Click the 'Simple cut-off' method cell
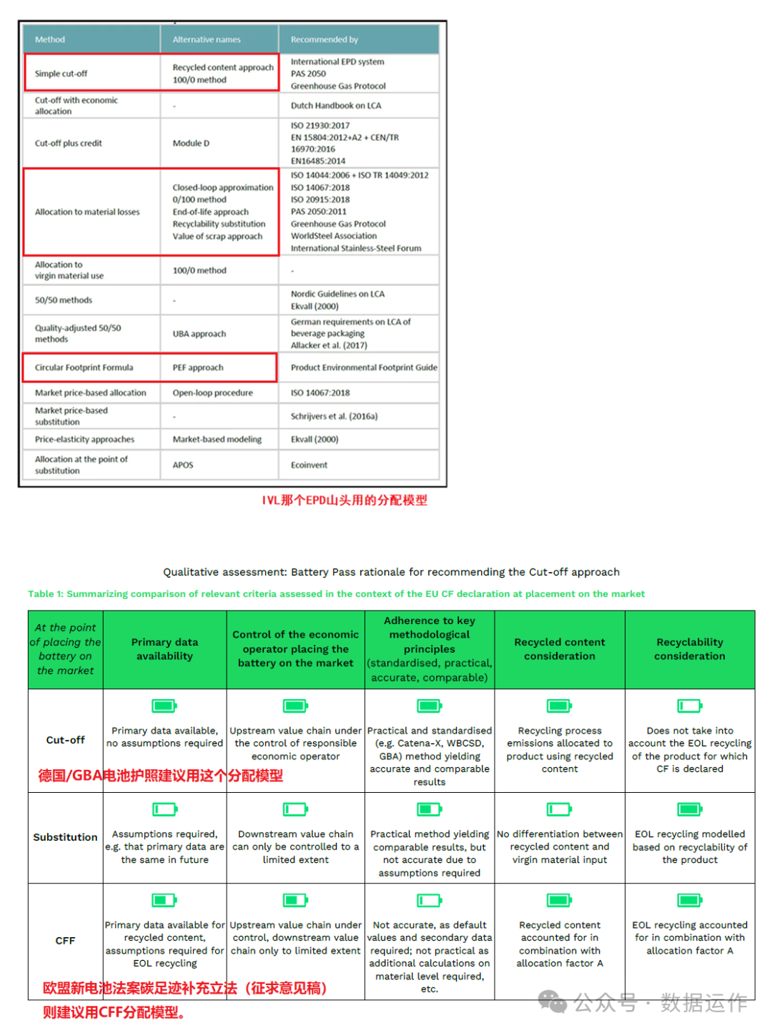point(61,74)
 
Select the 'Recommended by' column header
point(324,40)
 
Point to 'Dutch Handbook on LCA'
point(335,106)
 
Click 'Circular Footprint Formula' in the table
point(84,367)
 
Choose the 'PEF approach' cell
point(197,367)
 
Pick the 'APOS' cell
point(183,465)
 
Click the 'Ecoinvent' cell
point(309,465)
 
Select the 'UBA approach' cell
point(199,334)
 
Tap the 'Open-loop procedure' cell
point(212,392)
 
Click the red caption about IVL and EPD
point(344,500)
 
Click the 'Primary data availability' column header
point(164,649)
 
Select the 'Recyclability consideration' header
point(689,649)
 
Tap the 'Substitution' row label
point(65,837)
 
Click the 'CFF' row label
point(65,941)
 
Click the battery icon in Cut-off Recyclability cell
point(690,706)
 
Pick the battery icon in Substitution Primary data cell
point(164,809)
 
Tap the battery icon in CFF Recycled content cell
point(560,900)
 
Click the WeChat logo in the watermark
point(552,1002)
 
